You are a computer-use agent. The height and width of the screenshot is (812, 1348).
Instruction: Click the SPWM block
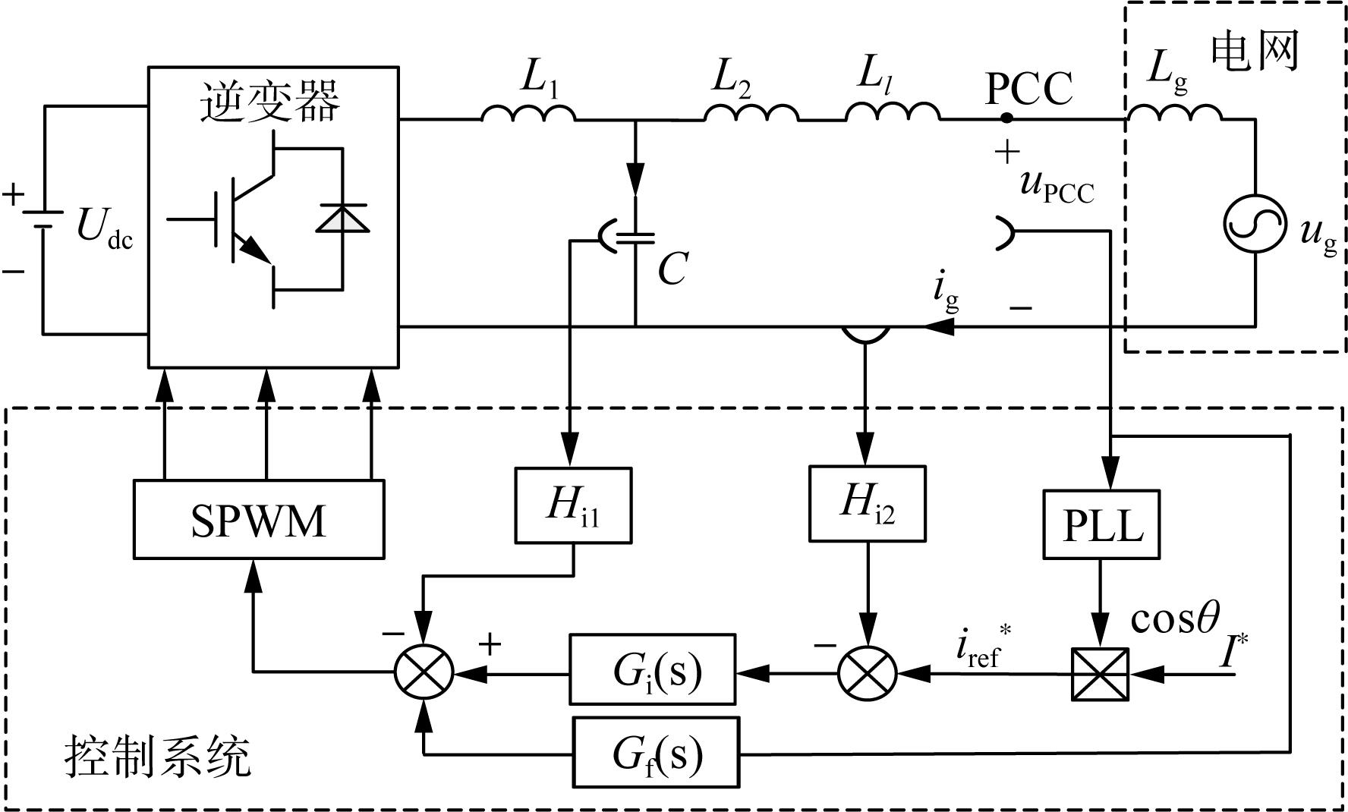[x=259, y=519]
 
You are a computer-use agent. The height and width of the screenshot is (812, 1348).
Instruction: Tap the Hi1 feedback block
[x=573, y=505]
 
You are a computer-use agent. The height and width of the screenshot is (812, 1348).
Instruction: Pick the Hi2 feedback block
[x=868, y=503]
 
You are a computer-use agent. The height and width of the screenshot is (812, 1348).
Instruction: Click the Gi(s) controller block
[x=653, y=669]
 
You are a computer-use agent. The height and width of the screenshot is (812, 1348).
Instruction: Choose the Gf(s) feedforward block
[x=656, y=752]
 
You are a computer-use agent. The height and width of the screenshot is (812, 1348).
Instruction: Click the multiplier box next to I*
[x=1100, y=673]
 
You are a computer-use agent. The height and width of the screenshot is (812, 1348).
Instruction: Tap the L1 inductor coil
[x=528, y=112]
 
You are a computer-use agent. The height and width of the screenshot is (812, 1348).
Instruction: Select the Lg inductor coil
[x=1174, y=112]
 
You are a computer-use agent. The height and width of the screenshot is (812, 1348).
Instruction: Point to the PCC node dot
[x=1006, y=118]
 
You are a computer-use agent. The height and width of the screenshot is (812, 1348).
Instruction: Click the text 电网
[x=1255, y=52]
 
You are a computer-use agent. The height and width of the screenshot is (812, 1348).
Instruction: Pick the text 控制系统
[x=158, y=757]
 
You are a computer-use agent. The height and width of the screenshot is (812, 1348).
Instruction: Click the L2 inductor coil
[x=751, y=112]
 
